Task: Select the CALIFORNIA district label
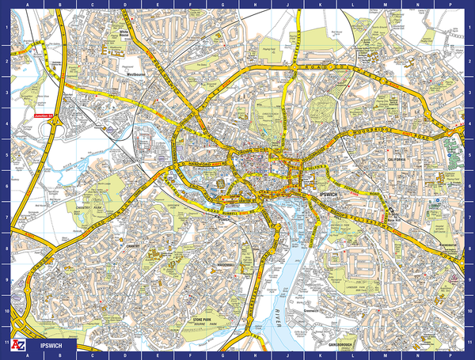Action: click(x=396, y=159)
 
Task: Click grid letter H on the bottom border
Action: click(x=253, y=357)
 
